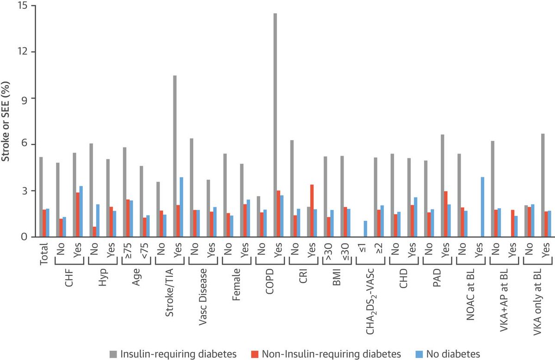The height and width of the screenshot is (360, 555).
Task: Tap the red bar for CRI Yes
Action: pyautogui.click(x=312, y=211)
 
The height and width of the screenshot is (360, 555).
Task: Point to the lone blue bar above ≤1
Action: pyautogui.click(x=365, y=229)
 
